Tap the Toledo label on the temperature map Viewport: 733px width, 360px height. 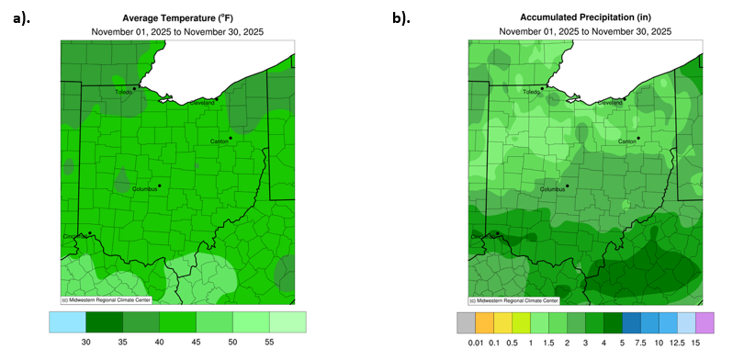(123, 93)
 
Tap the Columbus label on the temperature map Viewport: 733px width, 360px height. (135, 189)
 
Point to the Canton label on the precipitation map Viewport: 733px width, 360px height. (627, 142)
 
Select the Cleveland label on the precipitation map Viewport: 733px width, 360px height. (610, 103)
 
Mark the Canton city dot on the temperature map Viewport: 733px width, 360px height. (231, 138)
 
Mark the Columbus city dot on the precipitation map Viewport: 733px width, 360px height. (567, 186)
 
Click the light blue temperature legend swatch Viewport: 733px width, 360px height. (67, 321)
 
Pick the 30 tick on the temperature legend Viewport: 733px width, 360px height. (85, 341)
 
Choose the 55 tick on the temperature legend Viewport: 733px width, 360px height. (269, 341)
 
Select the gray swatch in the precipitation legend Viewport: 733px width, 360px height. (466, 321)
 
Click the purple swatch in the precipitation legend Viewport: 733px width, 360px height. (704, 321)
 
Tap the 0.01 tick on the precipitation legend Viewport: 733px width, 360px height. (475, 342)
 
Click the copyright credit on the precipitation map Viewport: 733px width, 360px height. (515, 300)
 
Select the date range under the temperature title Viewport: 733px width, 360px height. (176, 31)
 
